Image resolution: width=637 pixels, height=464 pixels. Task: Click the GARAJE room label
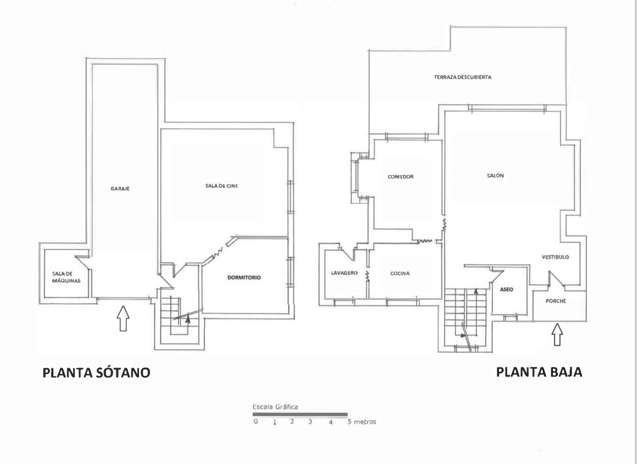coord(120,189)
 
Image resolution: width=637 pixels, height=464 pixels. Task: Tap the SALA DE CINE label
coord(221,186)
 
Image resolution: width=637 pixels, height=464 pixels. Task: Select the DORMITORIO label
coord(244,278)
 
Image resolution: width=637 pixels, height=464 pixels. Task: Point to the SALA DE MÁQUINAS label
coord(66,277)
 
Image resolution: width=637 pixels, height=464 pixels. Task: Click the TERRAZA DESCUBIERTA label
coord(462,77)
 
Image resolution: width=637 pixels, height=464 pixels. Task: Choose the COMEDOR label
coord(400,177)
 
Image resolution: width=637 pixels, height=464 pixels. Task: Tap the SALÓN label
coord(495,176)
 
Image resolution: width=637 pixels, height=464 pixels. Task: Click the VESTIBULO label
coord(555,257)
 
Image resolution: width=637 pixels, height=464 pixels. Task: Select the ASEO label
coord(506,289)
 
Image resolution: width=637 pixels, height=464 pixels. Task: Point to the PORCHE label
coord(556,301)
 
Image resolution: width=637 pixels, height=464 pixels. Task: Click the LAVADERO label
coord(344,273)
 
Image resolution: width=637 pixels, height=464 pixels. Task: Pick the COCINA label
coord(400,273)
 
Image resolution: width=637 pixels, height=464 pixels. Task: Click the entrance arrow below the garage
coord(123,318)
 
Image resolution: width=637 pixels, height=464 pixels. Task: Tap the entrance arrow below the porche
coord(557,334)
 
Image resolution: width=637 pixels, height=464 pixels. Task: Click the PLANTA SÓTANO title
coord(96,372)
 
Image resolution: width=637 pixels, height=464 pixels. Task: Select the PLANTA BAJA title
coord(539,372)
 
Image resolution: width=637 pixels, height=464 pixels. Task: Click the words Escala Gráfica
coord(275,407)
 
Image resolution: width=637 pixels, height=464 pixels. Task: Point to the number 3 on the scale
coord(310,422)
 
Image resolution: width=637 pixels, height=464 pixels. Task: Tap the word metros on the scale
coord(365,422)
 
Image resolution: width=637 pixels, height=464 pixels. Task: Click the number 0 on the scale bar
coord(255,422)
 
